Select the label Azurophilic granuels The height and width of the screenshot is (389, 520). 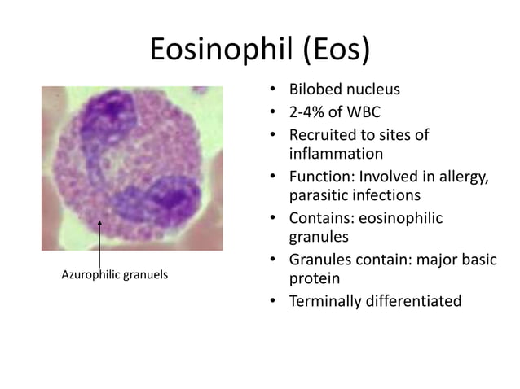tap(115, 275)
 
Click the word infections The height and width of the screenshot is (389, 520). tap(387, 196)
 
